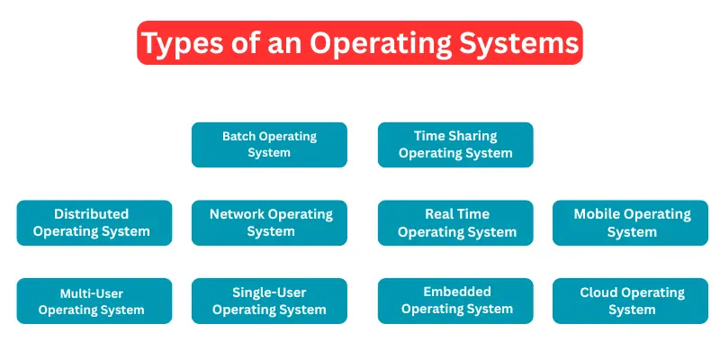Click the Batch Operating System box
pyautogui.click(x=269, y=145)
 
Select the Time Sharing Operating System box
pyautogui.click(x=455, y=145)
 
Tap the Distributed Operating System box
pyautogui.click(x=94, y=222)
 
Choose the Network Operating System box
pyautogui.click(x=269, y=222)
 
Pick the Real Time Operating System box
pyautogui.click(x=455, y=222)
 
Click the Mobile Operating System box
pyautogui.click(x=630, y=222)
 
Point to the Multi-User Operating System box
pyautogui.click(x=94, y=301)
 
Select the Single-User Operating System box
pyautogui.click(x=269, y=301)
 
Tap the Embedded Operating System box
pyautogui.click(x=455, y=301)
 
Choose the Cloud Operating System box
pyautogui.click(x=630, y=301)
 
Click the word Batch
pyautogui.click(x=238, y=137)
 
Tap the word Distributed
pyautogui.click(x=91, y=214)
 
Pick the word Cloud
pyautogui.click(x=598, y=292)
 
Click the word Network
pyautogui.click(x=237, y=214)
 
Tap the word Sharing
pyautogui.click(x=472, y=136)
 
